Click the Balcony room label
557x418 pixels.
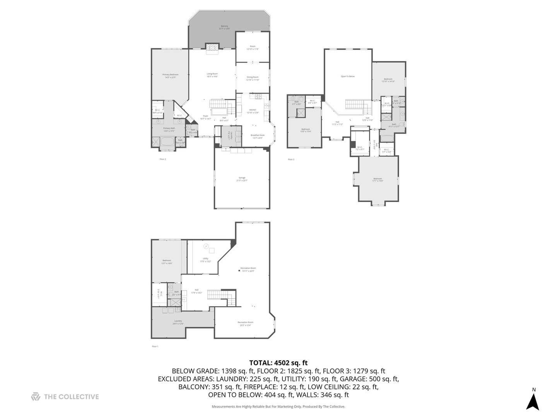pos(224,27)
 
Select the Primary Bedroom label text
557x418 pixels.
pos(170,76)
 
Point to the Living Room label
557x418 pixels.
pos(212,75)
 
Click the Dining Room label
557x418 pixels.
pos(253,78)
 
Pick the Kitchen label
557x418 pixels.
pos(253,111)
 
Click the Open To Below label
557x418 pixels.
pos(347,76)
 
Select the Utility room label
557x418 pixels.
pos(205,260)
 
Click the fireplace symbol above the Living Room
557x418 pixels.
pos(212,47)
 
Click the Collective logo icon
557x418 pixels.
pos(36,397)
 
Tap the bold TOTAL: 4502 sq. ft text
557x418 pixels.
pos(278,363)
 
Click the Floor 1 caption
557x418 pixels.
pos(155,346)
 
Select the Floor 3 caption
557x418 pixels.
pos(291,159)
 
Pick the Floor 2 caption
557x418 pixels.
pos(163,159)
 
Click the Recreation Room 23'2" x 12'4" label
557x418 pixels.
pos(245,324)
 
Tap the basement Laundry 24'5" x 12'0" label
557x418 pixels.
pos(178,322)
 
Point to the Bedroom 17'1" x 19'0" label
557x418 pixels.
pos(378,180)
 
